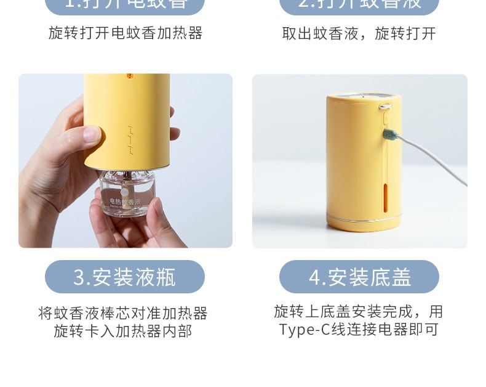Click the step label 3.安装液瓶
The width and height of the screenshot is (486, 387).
125,277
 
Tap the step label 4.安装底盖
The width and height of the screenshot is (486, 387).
359,277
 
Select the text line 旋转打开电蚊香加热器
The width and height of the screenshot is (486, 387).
125,33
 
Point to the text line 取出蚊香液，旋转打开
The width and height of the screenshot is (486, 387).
359,33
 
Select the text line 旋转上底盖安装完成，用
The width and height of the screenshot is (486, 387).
359,311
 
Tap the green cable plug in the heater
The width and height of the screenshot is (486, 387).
389,134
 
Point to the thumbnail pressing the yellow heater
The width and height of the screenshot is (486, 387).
93,135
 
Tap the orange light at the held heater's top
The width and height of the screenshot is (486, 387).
129,78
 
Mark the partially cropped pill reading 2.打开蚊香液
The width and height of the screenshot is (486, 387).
359,5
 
